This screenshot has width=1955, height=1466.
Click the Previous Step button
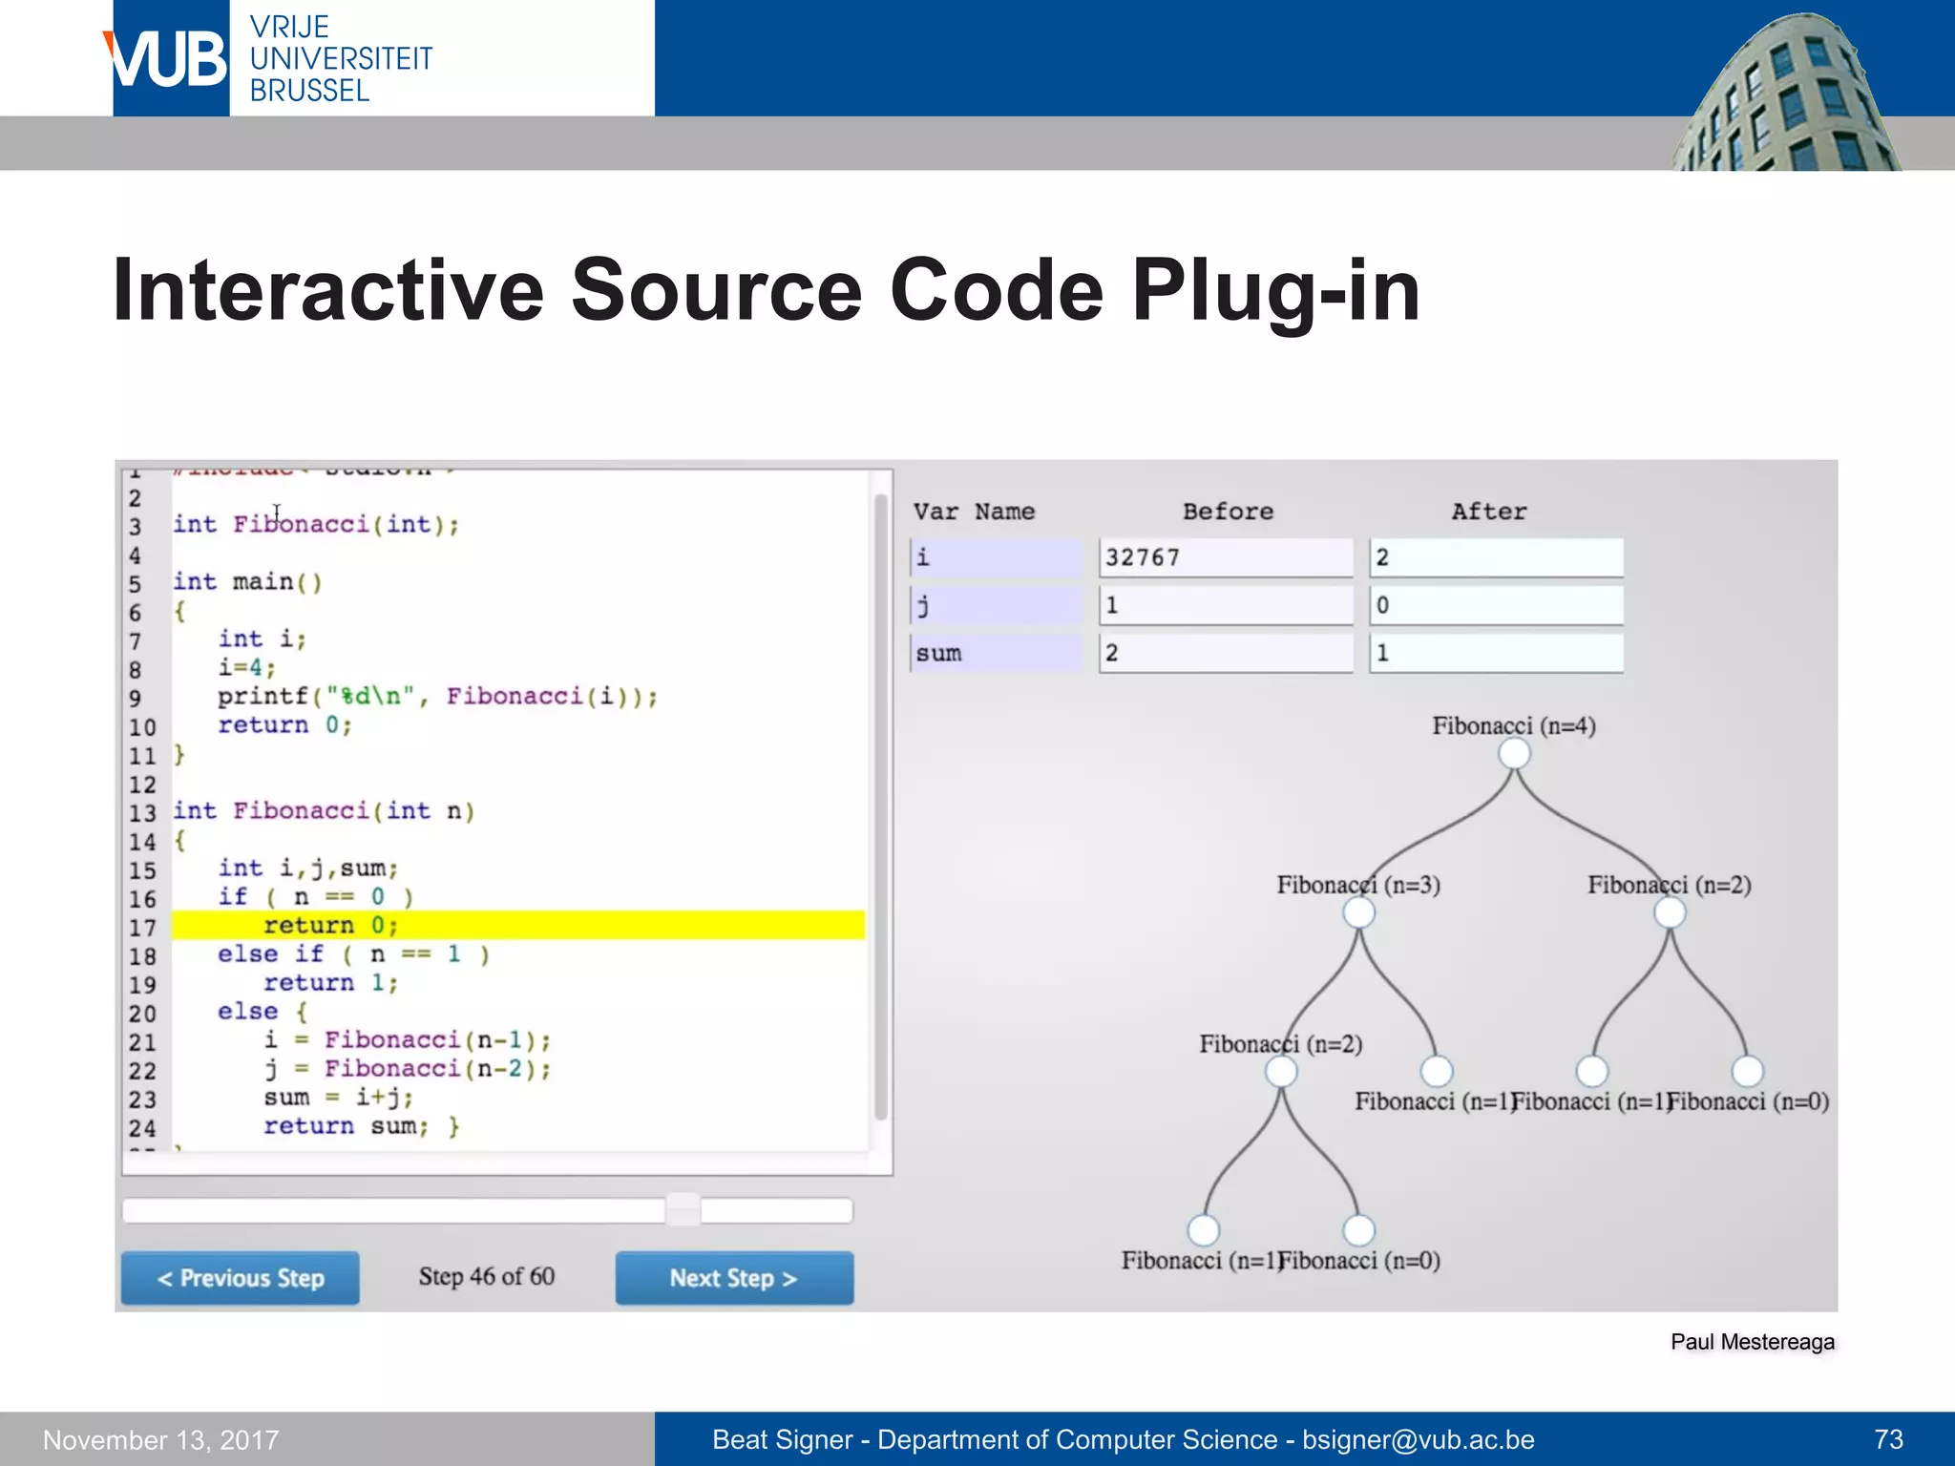[x=240, y=1277]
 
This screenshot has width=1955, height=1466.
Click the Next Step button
[x=733, y=1277]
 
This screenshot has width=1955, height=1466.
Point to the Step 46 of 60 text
[x=486, y=1276]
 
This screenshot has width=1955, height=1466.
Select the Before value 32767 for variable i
[x=1225, y=557]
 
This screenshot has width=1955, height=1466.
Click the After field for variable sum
[x=1495, y=654]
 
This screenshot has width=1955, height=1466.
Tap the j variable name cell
[x=996, y=605]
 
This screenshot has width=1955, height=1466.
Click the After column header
[x=1488, y=512]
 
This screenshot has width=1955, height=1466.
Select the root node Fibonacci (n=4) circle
[x=1513, y=754]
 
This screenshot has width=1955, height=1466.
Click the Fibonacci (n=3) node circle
[x=1357, y=912]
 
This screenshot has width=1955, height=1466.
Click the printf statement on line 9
[x=437, y=696]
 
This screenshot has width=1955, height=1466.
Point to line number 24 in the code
[x=142, y=1127]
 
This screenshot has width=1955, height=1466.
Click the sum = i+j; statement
[x=338, y=1098]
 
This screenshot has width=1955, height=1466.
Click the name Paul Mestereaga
[x=1752, y=1342]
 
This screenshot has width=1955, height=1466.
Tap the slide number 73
[x=1888, y=1439]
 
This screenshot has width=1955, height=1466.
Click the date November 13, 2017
[x=160, y=1439]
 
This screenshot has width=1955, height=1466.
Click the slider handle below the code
[x=683, y=1209]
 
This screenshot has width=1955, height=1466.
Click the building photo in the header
[x=1785, y=95]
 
